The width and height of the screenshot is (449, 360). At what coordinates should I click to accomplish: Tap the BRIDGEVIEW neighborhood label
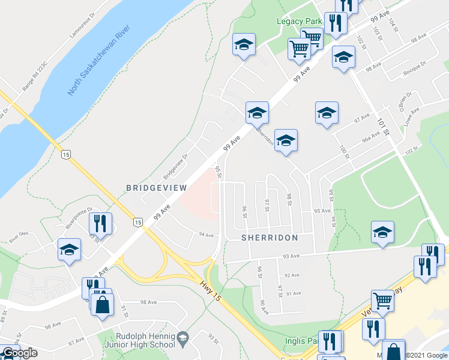[154, 188]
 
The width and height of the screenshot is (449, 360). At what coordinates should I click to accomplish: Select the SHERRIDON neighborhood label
[270, 238]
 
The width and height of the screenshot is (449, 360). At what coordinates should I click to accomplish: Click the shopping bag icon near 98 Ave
[102, 304]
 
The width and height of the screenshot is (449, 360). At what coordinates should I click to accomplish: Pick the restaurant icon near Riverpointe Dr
[100, 224]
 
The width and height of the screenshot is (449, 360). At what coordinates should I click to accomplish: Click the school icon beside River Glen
[69, 250]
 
